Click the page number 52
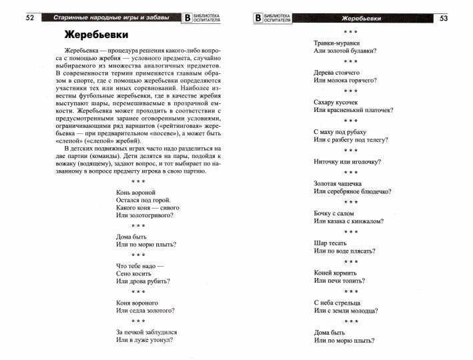click(x=29, y=18)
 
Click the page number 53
click(x=444, y=18)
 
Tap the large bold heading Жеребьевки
click(x=97, y=35)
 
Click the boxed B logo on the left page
click(x=187, y=19)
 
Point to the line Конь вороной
click(x=135, y=192)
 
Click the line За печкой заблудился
click(x=146, y=331)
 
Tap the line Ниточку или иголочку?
click(x=346, y=161)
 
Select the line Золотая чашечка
click(x=338, y=183)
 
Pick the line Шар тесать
click(x=330, y=243)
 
